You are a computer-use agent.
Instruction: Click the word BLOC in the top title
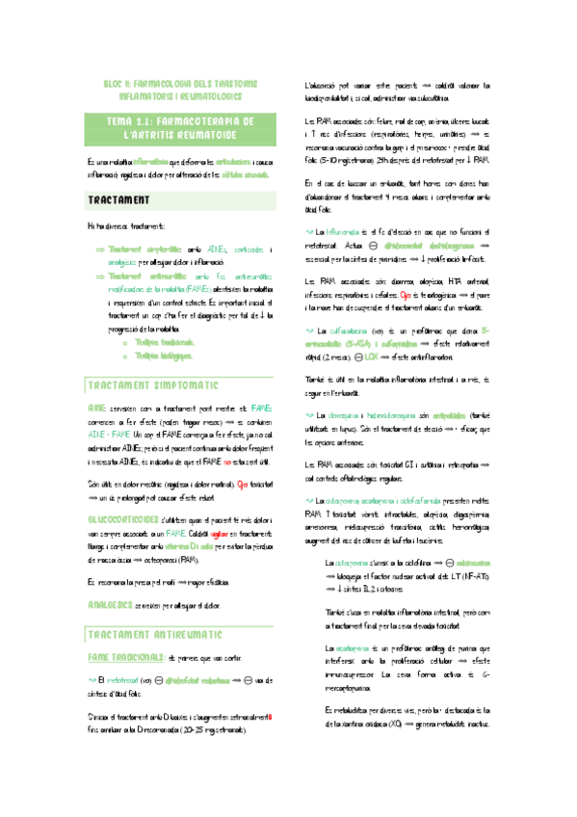(x=114, y=84)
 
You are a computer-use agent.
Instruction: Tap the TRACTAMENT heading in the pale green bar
(x=118, y=200)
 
